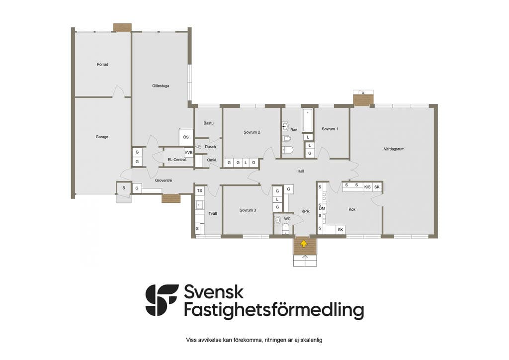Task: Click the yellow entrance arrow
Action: [304, 244]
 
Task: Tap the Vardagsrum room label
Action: [394, 149]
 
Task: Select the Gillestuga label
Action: [161, 86]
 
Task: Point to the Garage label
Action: [102, 137]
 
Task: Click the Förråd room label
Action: [102, 64]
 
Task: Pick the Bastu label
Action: [208, 123]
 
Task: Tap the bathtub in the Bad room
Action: [307, 121]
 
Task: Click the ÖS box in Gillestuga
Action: [186, 137]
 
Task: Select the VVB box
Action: [188, 152]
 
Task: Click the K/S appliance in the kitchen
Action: [367, 186]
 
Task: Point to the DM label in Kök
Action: [322, 208]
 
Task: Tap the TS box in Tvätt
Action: [200, 190]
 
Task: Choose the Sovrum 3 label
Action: [248, 210]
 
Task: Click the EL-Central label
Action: [177, 160]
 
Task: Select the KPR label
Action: [306, 211]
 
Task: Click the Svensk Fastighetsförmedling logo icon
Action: [162, 300]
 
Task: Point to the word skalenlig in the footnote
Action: [312, 340]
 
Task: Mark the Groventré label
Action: [163, 180]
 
